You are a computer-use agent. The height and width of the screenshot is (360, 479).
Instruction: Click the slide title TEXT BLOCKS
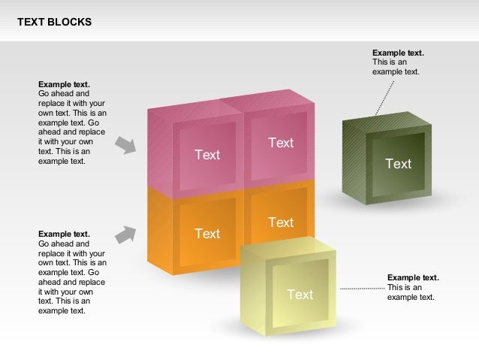click(55, 22)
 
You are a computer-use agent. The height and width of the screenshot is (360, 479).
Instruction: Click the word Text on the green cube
click(398, 164)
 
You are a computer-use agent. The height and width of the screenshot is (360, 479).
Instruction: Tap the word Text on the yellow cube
click(300, 295)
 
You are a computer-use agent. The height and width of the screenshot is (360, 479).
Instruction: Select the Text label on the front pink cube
click(207, 155)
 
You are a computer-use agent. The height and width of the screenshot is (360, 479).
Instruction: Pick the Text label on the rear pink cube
click(281, 143)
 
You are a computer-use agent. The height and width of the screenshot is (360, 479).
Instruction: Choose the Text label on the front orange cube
click(207, 234)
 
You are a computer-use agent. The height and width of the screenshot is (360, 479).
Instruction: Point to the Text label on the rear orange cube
click(281, 222)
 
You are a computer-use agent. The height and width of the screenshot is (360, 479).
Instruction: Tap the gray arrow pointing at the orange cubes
click(126, 235)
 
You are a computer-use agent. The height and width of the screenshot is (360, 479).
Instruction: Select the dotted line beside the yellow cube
click(361, 288)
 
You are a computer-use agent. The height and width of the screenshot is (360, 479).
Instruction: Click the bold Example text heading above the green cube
click(398, 53)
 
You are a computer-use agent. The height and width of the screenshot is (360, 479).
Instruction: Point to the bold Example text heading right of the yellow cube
click(413, 277)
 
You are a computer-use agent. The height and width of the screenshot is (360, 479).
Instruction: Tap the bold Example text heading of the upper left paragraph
click(64, 84)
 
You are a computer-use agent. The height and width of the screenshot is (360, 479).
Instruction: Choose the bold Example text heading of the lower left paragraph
click(64, 234)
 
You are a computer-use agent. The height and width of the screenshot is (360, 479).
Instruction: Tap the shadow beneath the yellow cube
click(285, 331)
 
